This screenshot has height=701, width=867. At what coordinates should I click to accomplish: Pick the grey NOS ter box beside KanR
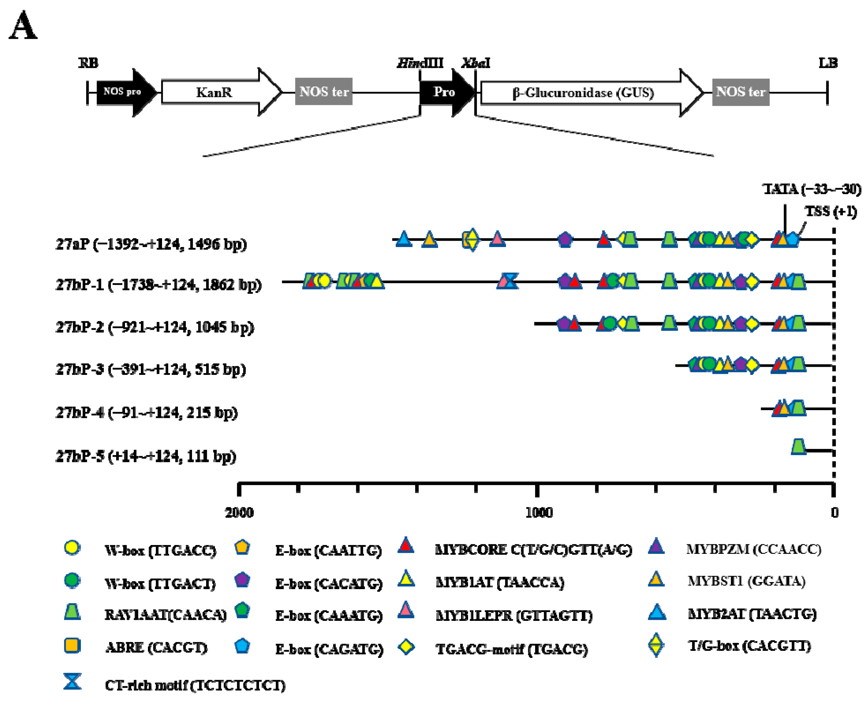pyautogui.click(x=323, y=92)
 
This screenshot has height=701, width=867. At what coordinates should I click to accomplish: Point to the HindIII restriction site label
pyautogui.click(x=420, y=63)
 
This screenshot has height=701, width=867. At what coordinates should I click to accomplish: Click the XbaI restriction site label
pyautogui.click(x=476, y=63)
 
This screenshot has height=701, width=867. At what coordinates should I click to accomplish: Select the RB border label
pyautogui.click(x=88, y=63)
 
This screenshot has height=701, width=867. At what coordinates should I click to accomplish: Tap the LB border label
pyautogui.click(x=828, y=63)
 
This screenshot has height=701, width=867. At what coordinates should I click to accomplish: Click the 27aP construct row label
pyautogui.click(x=151, y=244)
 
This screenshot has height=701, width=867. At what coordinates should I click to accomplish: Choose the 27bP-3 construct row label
pyautogui.click(x=151, y=369)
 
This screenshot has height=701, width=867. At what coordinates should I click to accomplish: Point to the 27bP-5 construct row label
pyautogui.click(x=146, y=456)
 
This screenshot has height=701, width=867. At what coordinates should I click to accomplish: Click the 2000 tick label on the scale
pyautogui.click(x=239, y=513)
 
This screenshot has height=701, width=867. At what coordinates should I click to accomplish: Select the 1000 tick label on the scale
pyautogui.click(x=539, y=513)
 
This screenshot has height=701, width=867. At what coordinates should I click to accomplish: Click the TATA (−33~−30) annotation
pyautogui.click(x=812, y=189)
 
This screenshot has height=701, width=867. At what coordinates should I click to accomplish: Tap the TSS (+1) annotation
pyautogui.click(x=831, y=211)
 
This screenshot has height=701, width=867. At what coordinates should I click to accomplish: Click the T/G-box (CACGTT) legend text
pyautogui.click(x=749, y=646)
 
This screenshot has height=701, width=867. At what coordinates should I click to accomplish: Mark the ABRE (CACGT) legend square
pyautogui.click(x=72, y=645)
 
